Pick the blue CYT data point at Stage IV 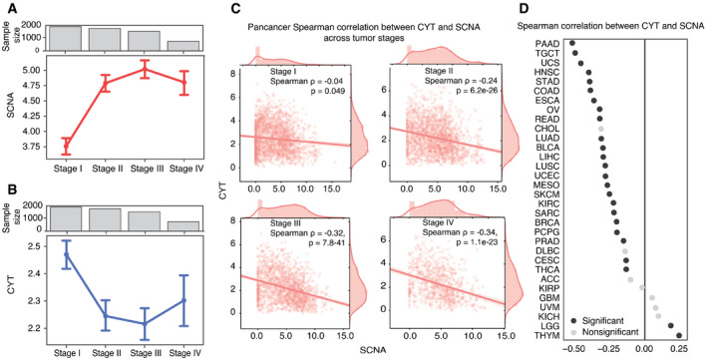tap(182, 300)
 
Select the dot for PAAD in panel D tap(572, 42)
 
